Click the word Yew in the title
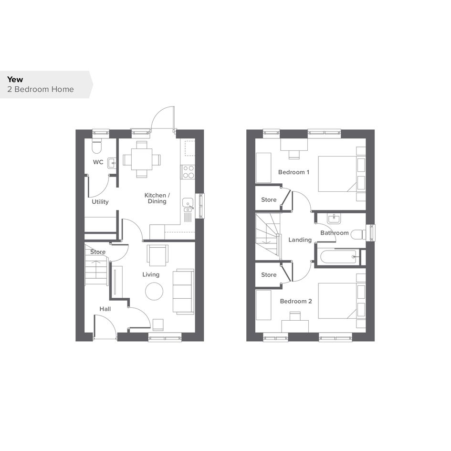[15, 79]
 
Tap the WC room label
[98, 162]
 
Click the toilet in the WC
[97, 146]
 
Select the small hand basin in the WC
[112, 163]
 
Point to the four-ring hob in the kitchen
[188, 172]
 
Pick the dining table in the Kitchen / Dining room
[142, 159]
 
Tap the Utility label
[100, 201]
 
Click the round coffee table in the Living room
[154, 292]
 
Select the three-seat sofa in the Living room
[183, 291]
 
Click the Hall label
[105, 309]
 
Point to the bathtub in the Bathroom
[338, 257]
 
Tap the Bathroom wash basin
[334, 219]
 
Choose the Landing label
[300, 240]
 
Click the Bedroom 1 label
[294, 172]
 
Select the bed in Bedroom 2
[342, 301]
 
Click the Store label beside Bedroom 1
[269, 199]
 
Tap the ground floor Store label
[98, 252]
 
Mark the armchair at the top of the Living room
[157, 255]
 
